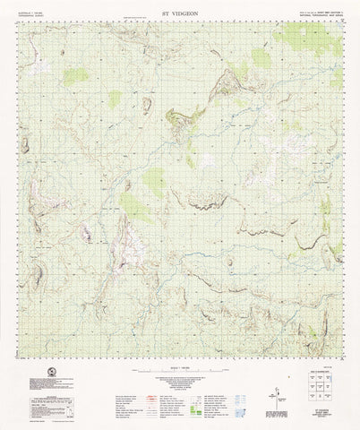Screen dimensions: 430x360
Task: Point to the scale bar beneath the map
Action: click(x=179, y=376)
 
